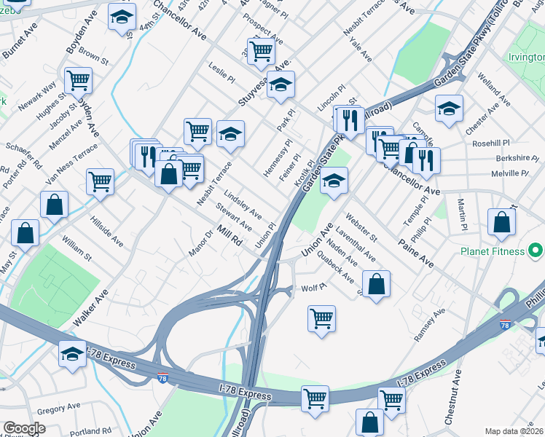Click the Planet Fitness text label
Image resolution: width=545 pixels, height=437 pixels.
(x=492, y=251)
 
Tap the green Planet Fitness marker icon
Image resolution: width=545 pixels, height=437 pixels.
(x=536, y=251)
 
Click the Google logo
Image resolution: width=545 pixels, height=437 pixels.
(x=24, y=428)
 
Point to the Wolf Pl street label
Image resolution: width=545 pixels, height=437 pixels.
(x=312, y=288)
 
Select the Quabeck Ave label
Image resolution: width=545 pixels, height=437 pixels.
(x=339, y=270)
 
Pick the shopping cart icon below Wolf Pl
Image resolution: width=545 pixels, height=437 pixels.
(x=321, y=318)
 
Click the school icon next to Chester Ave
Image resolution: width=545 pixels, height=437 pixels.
(x=450, y=109)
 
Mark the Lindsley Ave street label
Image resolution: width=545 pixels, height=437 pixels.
(x=243, y=205)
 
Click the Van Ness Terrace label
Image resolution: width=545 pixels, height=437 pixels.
(x=71, y=164)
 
